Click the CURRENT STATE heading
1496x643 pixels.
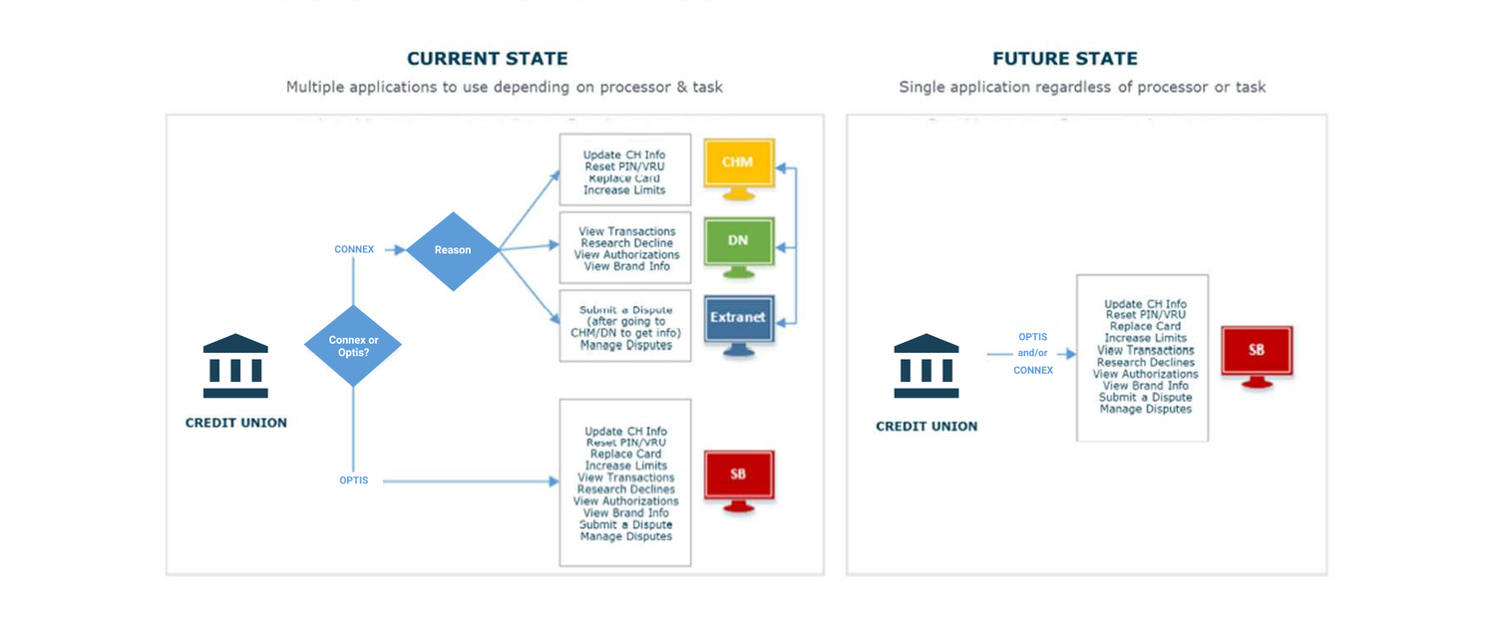pos(487,59)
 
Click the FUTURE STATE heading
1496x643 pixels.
pos(1064,59)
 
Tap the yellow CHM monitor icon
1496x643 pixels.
pos(738,164)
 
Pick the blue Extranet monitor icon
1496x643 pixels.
pos(738,320)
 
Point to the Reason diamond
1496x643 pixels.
pos(453,250)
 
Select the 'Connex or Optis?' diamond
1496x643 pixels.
pos(353,345)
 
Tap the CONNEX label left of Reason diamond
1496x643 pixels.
pos(354,249)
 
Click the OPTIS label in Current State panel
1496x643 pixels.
pos(354,481)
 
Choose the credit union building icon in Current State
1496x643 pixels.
pos(235,366)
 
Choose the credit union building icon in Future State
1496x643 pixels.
pos(926,366)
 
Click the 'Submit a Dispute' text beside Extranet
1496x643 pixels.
pos(625,310)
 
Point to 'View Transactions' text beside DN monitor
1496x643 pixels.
pos(626,231)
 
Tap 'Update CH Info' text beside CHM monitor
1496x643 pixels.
pos(624,155)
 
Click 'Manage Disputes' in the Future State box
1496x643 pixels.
pos(1145,409)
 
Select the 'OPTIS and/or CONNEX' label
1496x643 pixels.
pos(1033,353)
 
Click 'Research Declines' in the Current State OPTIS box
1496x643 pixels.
pos(625,489)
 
